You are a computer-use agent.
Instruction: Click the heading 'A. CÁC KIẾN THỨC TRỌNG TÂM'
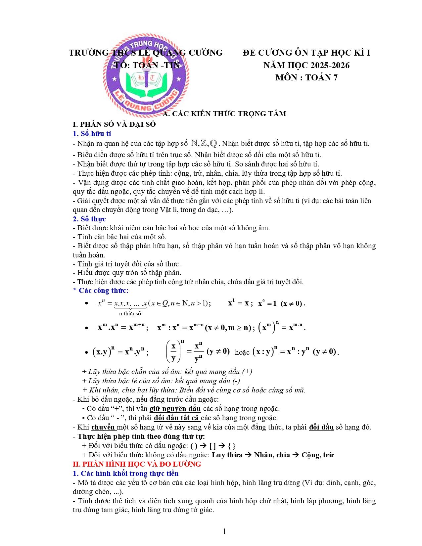[225, 114]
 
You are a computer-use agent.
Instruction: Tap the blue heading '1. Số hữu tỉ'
[92, 134]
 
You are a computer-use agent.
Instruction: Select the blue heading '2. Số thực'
[89, 219]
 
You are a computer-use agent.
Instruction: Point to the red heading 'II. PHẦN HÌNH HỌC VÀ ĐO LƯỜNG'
[137, 464]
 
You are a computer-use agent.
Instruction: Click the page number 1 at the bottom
[224, 532]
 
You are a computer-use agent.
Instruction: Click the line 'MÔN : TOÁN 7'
[306, 77]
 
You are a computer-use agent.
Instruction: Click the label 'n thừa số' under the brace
[130, 313]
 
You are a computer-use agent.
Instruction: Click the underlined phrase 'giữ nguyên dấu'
[175, 409]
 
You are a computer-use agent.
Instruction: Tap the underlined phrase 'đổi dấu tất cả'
[177, 418]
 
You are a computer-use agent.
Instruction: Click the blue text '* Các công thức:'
[101, 291]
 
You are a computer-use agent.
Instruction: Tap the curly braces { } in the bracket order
[232, 446]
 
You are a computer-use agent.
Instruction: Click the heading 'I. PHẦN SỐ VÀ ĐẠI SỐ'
[114, 124]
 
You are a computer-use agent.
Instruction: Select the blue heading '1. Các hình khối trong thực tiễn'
[126, 474]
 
